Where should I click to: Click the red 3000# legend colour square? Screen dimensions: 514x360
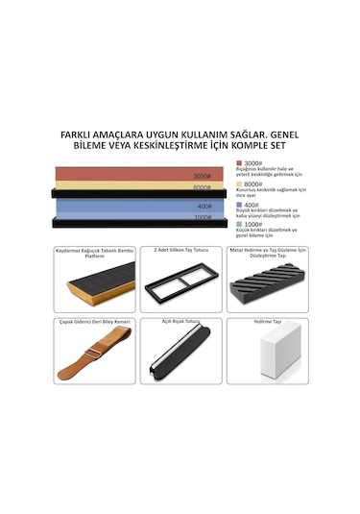coord(239,165)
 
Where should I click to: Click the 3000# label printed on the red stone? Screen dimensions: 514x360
coord(202,177)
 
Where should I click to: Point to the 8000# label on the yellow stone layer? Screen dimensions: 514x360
coord(202,188)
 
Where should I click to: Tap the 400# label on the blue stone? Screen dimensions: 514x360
coord(204,207)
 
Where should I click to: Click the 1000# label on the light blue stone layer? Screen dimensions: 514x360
coord(203,218)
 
